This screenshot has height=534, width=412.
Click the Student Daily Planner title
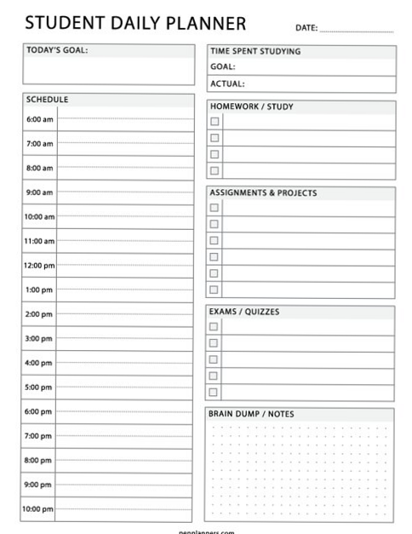(135, 24)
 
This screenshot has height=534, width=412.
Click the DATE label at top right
(306, 28)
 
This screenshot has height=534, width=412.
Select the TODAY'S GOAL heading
(57, 50)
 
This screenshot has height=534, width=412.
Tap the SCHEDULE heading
(48, 100)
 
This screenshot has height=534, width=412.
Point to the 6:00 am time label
(39, 119)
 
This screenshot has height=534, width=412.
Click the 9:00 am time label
(39, 192)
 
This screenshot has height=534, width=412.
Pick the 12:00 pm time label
(39, 266)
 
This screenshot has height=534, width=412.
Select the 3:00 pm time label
(39, 339)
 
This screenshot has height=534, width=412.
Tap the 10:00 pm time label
(39, 509)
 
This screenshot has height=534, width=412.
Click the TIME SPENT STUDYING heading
(255, 51)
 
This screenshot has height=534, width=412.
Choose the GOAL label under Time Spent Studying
(223, 67)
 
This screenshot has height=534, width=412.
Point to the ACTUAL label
(227, 83)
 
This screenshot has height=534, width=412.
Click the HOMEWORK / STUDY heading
(251, 107)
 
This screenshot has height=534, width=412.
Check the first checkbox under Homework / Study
(215, 122)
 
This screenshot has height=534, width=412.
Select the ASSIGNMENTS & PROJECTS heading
(263, 193)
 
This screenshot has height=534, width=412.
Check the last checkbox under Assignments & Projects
(215, 290)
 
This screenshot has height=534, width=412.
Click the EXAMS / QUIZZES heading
(244, 312)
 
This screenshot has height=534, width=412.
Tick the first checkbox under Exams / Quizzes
(215, 326)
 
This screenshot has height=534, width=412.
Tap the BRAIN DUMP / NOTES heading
(251, 414)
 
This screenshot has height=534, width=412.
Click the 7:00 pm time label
(39, 436)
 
